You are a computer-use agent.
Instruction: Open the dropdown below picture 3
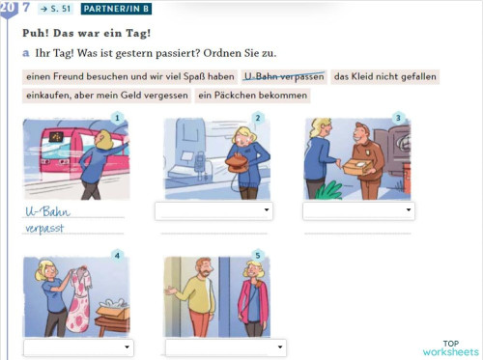[x=358, y=210]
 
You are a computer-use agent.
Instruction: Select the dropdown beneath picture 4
[x=78, y=346]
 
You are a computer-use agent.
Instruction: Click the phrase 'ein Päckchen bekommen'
[x=252, y=96]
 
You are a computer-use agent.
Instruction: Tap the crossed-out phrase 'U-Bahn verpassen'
[x=284, y=76]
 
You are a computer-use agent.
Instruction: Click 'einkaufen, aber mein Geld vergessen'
[x=105, y=96]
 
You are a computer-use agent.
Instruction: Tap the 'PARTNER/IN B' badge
[x=116, y=9]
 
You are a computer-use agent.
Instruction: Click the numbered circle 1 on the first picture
[x=117, y=119]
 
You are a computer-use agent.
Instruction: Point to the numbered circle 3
[x=398, y=119]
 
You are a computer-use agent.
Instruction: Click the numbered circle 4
[x=117, y=256]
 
